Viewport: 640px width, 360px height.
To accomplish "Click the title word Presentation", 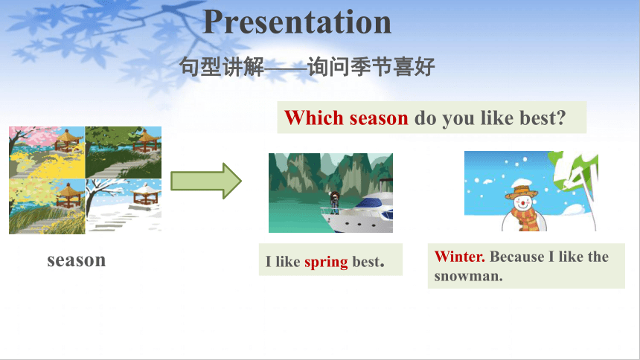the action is (297, 22).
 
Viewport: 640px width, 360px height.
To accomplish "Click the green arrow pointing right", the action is (205, 181).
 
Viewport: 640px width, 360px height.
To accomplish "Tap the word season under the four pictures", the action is (77, 260).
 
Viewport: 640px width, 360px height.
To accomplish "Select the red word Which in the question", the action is (314, 118).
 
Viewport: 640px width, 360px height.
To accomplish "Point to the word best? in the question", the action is (543, 118).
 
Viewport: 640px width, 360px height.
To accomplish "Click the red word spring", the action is (326, 262).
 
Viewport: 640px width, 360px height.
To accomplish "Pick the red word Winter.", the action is (460, 257).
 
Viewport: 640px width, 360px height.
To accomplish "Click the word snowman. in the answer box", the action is (468, 277).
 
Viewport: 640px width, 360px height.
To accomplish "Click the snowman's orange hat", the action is (522, 191).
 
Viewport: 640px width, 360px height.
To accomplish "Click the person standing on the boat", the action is (335, 202).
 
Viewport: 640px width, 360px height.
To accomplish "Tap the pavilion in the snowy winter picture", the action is (144, 194).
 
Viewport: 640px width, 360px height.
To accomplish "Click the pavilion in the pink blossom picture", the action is (67, 141).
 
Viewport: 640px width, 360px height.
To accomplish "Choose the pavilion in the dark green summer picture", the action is (146, 141).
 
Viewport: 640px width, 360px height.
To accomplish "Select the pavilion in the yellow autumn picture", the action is (68, 195).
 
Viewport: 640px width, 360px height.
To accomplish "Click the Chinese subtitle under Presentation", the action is (307, 66).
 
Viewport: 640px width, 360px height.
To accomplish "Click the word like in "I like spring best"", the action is (288, 262).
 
